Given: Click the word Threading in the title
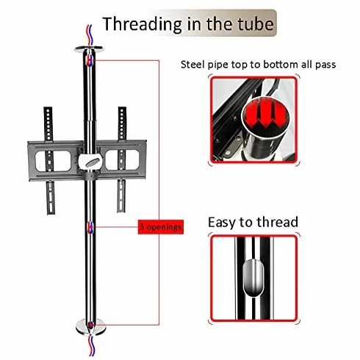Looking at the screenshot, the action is point(142,24).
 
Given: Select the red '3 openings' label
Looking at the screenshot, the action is point(161,227).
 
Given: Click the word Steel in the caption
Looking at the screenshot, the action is point(192,65).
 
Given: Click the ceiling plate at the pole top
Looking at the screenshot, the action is point(89,49).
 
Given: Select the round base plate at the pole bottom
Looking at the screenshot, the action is point(91,327).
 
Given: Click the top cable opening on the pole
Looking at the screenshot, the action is point(90,60).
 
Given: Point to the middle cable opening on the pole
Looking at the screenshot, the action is point(90,228).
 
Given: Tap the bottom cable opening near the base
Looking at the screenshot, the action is point(91,325).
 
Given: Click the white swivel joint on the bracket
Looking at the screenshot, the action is point(90,162).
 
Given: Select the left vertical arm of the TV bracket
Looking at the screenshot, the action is point(49,160).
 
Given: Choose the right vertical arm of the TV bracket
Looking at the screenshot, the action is point(122,159).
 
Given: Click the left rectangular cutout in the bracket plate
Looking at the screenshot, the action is point(53,161).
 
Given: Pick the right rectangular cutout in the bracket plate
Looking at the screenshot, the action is point(122,160).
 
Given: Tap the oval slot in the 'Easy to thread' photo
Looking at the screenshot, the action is point(253,278).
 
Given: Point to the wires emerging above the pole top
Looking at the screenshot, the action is point(90,36).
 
